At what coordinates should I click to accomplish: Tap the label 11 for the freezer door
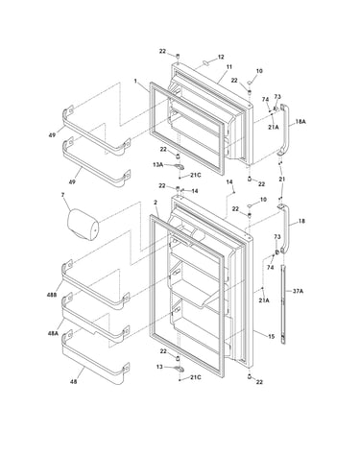pos(229,67)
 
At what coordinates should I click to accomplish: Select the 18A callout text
pos(300,122)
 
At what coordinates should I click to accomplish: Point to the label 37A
pos(298,291)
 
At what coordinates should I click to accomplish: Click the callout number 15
pos(271,336)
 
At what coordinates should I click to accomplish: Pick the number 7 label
pos(62,194)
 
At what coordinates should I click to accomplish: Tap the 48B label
pos(52,295)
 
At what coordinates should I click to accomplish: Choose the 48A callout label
pos(53,333)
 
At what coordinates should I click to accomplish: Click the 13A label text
pos(157,165)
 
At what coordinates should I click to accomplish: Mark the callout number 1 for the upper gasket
pos(135,81)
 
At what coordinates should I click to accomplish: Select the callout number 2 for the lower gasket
pos(156,203)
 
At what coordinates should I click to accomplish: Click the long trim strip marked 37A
pos(283,304)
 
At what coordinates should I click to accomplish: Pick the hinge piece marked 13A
pos(180,166)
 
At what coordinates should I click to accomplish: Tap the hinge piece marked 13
pos(180,369)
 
